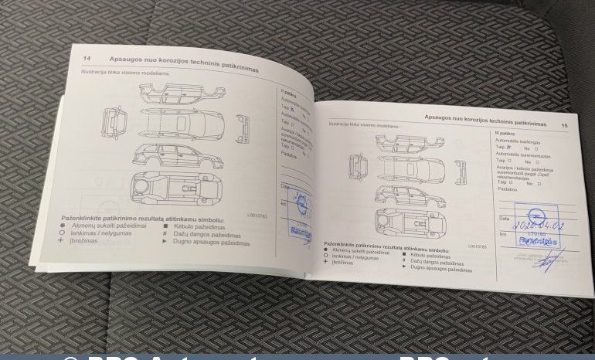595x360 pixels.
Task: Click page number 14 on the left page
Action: (x=87, y=58)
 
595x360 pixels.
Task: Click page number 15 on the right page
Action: (x=564, y=124)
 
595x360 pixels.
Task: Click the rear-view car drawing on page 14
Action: (x=246, y=125)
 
